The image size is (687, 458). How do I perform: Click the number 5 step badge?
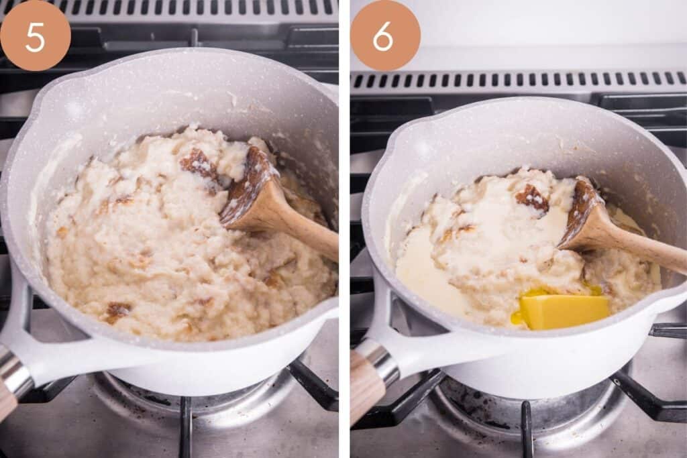click(35, 36)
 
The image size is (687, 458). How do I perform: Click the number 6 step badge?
click(385, 36)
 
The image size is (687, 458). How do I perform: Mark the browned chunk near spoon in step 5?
click(199, 164)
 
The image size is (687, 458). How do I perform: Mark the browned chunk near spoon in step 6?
click(532, 198)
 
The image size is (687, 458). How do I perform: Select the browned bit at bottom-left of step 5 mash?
click(117, 310)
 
